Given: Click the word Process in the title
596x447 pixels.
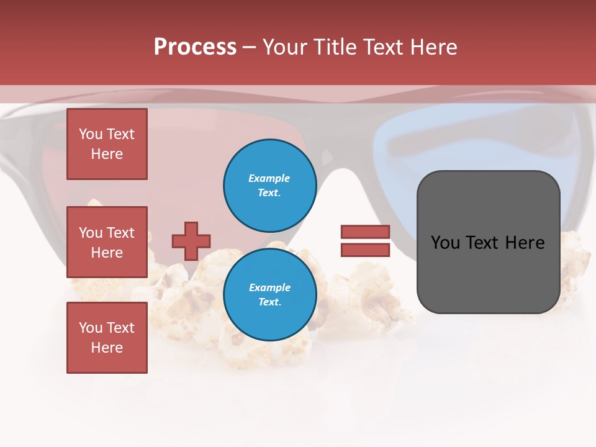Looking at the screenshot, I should pyautogui.click(x=195, y=47).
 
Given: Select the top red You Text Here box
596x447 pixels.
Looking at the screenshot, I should pyautogui.click(x=107, y=144).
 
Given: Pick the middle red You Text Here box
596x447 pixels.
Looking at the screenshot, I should pyautogui.click(x=107, y=242).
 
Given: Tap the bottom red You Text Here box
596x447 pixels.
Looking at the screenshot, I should pyautogui.click(x=107, y=338).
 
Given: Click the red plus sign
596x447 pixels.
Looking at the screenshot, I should pyautogui.click(x=191, y=241).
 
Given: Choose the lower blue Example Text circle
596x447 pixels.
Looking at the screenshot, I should pyautogui.click(x=269, y=295).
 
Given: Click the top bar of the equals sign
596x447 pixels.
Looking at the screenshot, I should pyautogui.click(x=365, y=232).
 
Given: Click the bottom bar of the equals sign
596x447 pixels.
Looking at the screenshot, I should pyautogui.click(x=365, y=250).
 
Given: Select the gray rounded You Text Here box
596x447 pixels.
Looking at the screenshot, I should pyautogui.click(x=488, y=242).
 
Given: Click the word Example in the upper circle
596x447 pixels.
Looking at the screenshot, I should pyautogui.click(x=269, y=178).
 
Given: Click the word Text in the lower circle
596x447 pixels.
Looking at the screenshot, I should pyautogui.click(x=269, y=302).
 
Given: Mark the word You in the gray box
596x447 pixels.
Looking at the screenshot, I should pyautogui.click(x=446, y=242).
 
